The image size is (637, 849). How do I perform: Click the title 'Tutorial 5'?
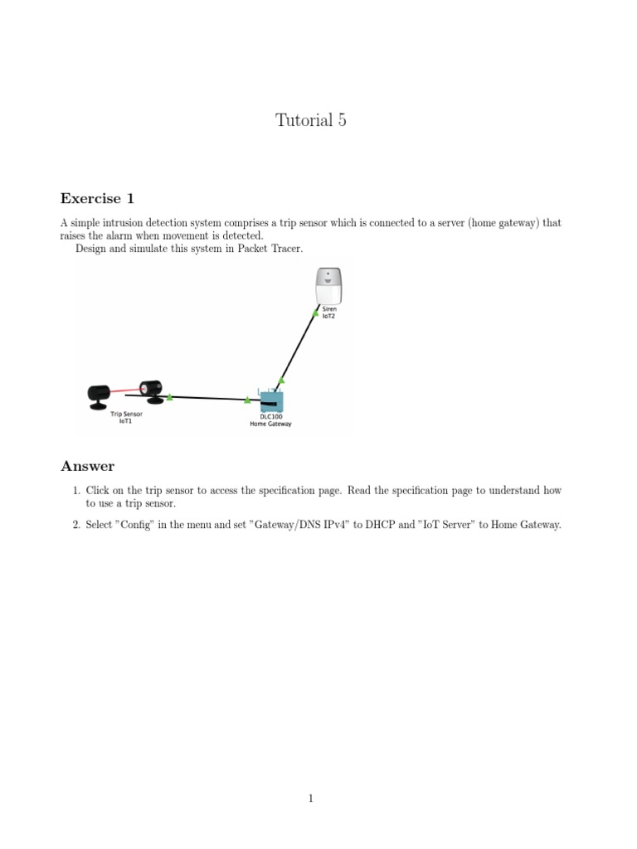tap(310, 120)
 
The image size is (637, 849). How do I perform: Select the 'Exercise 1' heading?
tap(96, 198)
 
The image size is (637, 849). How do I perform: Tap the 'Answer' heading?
tap(87, 466)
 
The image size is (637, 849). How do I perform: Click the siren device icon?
tap(329, 286)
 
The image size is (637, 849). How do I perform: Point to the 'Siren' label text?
tap(329, 308)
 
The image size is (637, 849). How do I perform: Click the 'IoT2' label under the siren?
tap(329, 316)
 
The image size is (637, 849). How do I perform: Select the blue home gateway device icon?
tap(270, 402)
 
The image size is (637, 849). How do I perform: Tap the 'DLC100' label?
tap(270, 416)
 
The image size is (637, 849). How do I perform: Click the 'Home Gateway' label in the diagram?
tap(270, 424)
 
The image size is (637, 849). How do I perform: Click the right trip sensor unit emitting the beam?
tap(151, 390)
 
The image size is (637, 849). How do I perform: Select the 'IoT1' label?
tap(126, 420)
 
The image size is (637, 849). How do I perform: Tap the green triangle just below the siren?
tap(315, 313)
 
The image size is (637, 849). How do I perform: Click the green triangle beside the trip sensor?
tap(169, 397)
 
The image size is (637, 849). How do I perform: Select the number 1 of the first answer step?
tap(75, 491)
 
